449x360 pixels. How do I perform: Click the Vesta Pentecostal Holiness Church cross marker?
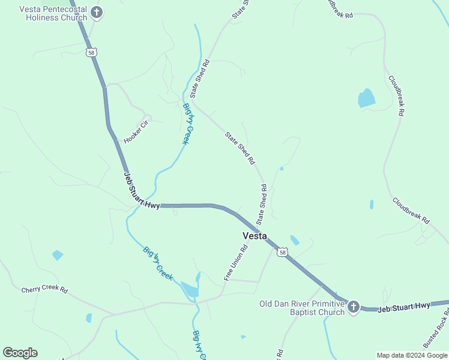[x=96, y=12]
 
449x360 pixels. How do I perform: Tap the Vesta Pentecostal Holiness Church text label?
[x=53, y=14]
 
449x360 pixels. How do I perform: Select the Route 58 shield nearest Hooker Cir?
[x=91, y=53]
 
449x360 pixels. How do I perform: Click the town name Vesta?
[x=255, y=236]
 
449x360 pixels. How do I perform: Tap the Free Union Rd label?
[x=236, y=263]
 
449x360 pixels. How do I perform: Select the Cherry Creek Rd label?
[x=44, y=289]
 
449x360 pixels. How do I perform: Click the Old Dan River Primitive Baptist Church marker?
[x=353, y=307]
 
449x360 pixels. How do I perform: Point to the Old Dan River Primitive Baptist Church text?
[x=302, y=308]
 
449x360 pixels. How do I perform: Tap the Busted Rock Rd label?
[x=436, y=328]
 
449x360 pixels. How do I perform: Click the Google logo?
[x=20, y=353]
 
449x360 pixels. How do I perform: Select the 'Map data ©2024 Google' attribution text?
[x=412, y=355]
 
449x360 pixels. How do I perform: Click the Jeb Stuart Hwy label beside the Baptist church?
[x=404, y=307]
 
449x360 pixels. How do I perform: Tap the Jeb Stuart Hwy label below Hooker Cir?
[x=142, y=191]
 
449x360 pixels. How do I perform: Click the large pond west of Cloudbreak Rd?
[x=366, y=98]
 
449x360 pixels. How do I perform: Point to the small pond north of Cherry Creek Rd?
[x=58, y=255]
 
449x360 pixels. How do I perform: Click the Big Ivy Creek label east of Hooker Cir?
[x=190, y=124]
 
